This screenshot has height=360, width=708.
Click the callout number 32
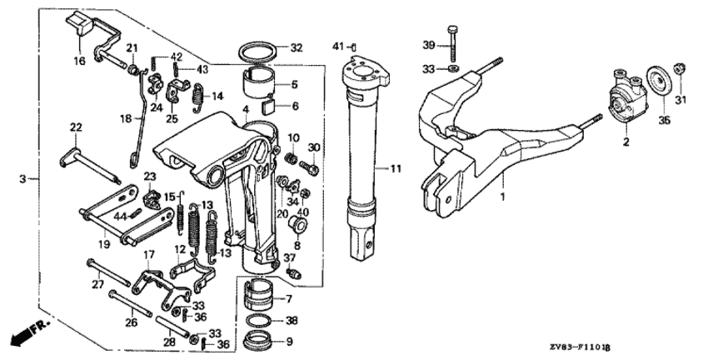[x=297, y=47]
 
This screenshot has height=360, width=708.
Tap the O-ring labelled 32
[x=257, y=52]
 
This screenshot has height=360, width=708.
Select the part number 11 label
[x=396, y=169]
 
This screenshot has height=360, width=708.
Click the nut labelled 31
[x=680, y=68]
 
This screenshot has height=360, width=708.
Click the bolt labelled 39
[x=453, y=43]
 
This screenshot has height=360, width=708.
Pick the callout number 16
[x=79, y=61]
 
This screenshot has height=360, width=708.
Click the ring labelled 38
[x=260, y=321]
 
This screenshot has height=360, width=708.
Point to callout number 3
[x=22, y=179]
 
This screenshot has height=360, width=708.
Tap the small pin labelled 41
[x=355, y=47]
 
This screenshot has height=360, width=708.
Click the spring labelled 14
[x=197, y=97]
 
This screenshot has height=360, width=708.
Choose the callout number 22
[x=76, y=127]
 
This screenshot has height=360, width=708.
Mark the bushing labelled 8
[x=298, y=222]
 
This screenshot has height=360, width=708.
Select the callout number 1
[x=502, y=197]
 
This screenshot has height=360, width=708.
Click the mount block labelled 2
[x=627, y=97]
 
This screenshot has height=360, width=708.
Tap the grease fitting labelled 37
[x=294, y=272]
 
